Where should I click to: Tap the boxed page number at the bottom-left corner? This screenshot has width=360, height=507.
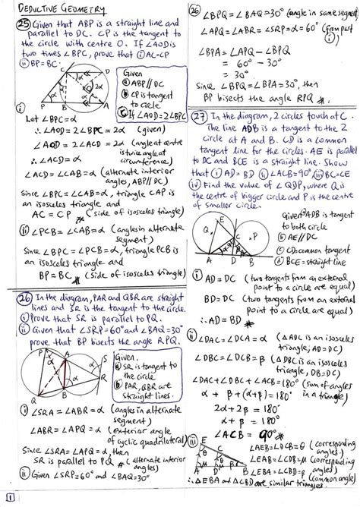[x=8, y=498]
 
